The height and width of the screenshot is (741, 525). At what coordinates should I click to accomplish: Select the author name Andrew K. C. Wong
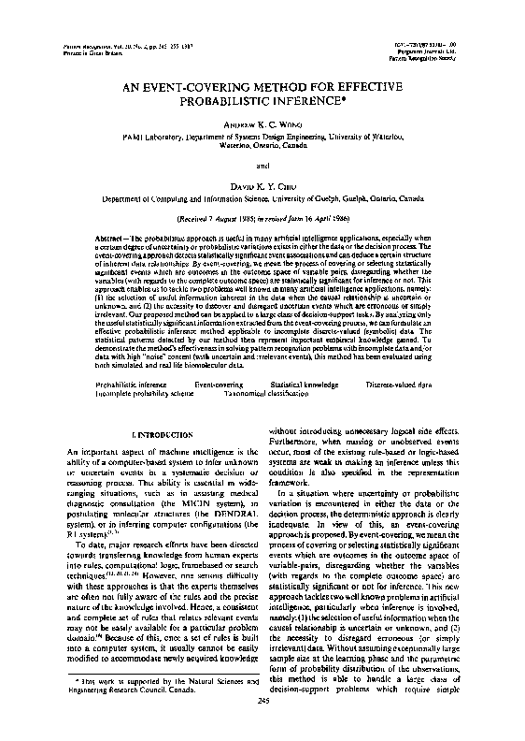[262, 124]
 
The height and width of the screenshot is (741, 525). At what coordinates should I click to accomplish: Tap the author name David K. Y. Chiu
[262, 185]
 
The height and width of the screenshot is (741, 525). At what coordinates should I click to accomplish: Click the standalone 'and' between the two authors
[262, 166]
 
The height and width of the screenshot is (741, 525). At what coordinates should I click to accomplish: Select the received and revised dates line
[262, 216]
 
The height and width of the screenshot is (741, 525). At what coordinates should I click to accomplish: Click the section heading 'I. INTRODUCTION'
[163, 436]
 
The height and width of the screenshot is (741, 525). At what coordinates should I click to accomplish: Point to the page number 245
[262, 727]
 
